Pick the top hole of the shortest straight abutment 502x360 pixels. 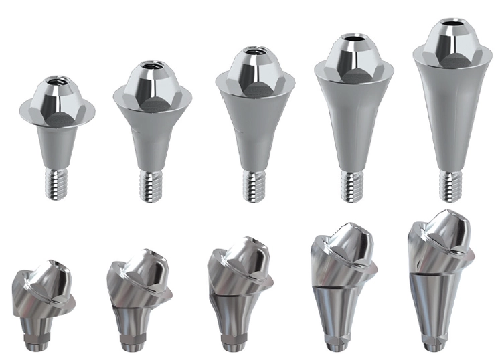point(56,83)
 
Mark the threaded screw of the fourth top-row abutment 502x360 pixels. point(352,185)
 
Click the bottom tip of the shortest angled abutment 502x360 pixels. point(32,345)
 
